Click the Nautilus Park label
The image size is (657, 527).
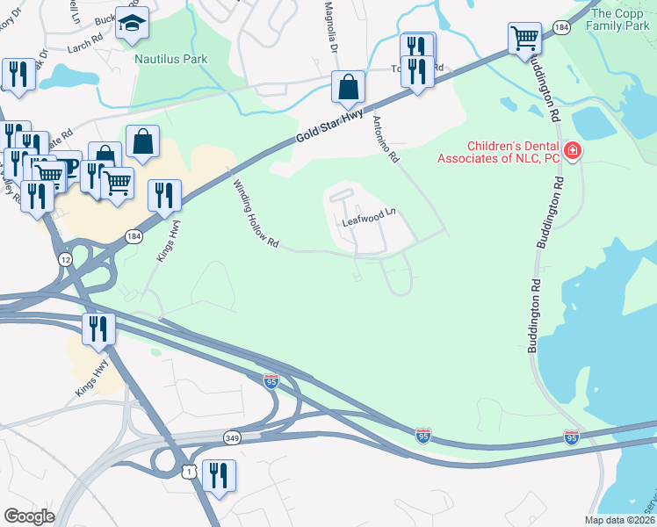click(x=171, y=59)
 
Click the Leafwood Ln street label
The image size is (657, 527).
click(x=369, y=217)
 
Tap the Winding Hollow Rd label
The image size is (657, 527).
click(x=256, y=213)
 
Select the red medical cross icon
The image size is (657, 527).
click(x=573, y=152)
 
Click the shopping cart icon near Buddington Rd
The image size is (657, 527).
click(x=524, y=38)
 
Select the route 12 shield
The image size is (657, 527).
click(x=66, y=259)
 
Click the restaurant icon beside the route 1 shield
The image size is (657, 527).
click(x=219, y=475)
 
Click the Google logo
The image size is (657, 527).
click(x=29, y=516)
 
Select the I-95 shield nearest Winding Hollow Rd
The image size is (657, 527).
click(x=272, y=380)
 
